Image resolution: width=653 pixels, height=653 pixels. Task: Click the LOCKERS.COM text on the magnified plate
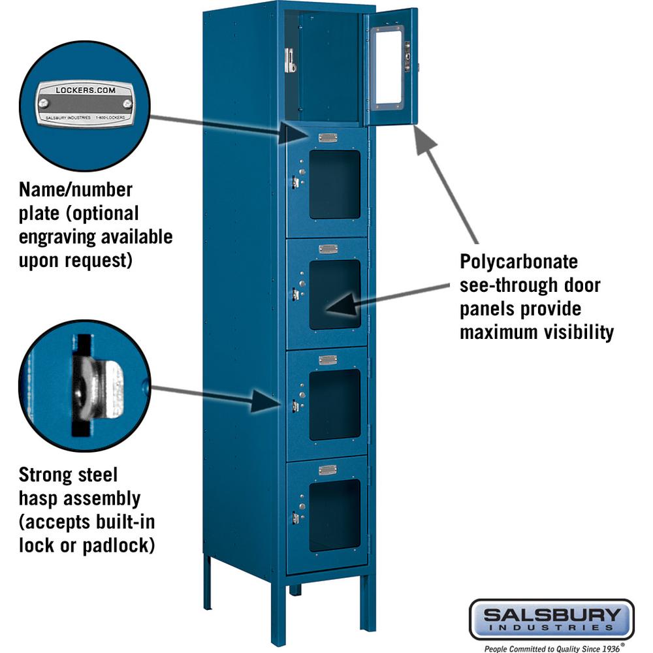[x=86, y=89]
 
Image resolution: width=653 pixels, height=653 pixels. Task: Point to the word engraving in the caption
[x=59, y=236]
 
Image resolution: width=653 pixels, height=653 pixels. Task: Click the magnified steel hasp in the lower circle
[x=98, y=390]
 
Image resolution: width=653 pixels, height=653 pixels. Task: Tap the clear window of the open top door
[x=390, y=65]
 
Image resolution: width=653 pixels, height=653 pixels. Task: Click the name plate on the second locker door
[x=328, y=138]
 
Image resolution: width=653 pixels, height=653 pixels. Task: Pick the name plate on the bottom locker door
[x=328, y=470]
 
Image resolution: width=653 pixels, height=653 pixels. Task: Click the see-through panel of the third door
[x=334, y=295]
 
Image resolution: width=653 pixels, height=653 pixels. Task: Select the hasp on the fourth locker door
[x=295, y=406]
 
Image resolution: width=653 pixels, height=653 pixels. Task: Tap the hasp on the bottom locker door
[x=295, y=517]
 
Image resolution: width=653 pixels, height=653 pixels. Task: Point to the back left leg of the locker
[x=207, y=581]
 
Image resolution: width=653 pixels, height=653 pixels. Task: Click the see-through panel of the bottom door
[x=334, y=515]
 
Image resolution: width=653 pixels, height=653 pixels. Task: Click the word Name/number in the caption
[x=75, y=190]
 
